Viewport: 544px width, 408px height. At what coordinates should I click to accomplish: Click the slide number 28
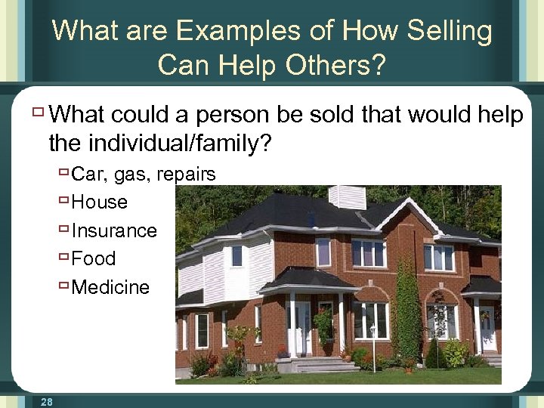tap(47, 403)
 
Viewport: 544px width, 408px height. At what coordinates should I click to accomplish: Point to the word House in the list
tap(99, 202)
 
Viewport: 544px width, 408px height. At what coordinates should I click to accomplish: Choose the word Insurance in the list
tap(114, 230)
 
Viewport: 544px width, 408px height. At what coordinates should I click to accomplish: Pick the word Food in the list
tap(94, 258)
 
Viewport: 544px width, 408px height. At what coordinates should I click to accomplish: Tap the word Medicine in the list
tap(110, 287)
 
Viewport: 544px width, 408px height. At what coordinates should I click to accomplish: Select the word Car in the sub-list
tap(88, 175)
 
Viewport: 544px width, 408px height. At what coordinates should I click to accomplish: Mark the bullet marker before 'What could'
tap(39, 113)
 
